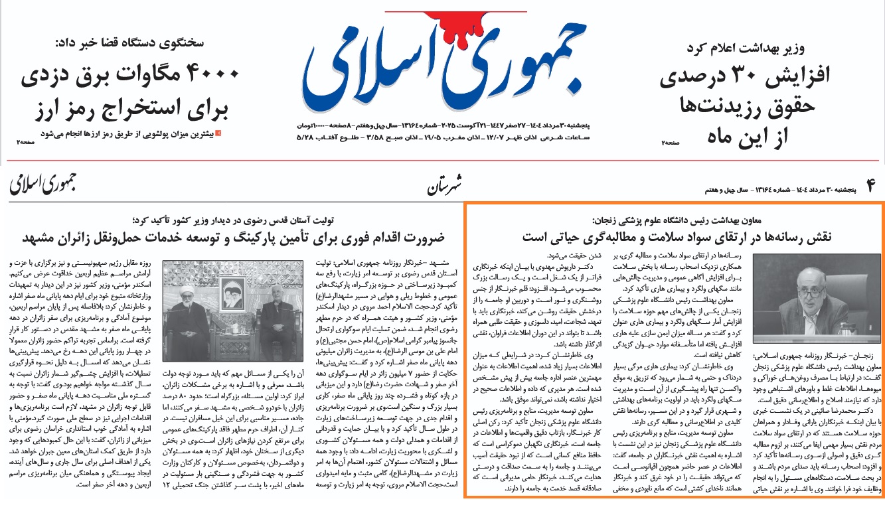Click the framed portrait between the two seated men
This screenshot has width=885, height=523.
pyautogui.click(x=230, y=278)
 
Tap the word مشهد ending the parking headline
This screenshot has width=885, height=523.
pyautogui.click(x=40, y=238)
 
